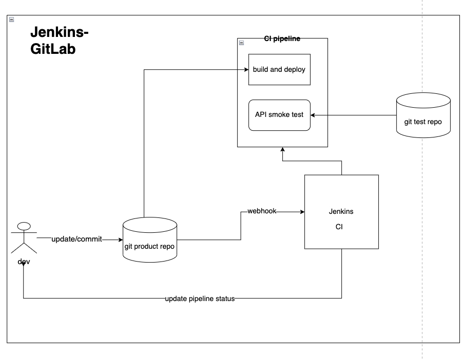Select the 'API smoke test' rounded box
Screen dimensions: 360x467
(x=279, y=114)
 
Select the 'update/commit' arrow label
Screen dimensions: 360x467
(x=76, y=239)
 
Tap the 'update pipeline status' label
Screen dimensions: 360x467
(x=200, y=298)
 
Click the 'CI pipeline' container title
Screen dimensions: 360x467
(x=282, y=38)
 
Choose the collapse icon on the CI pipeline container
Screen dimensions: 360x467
(x=242, y=43)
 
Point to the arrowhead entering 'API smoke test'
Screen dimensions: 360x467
(x=314, y=115)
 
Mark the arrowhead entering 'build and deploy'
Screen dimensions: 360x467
(x=246, y=69)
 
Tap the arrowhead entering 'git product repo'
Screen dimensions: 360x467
(x=121, y=239)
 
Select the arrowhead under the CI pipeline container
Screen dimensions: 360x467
(x=282, y=150)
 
